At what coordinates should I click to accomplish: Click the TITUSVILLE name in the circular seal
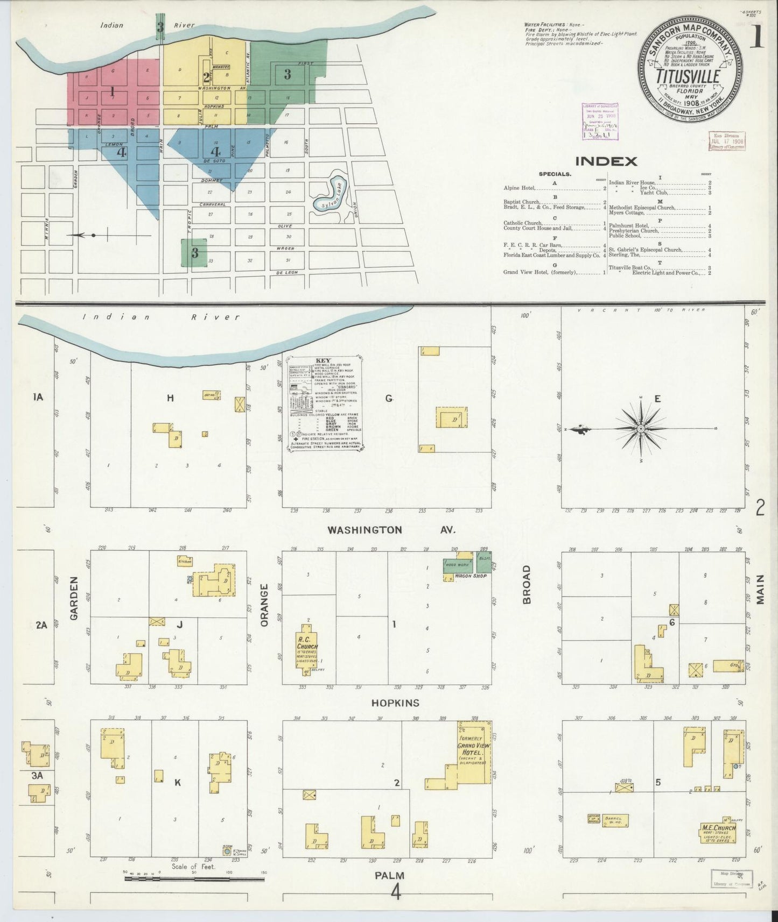pyautogui.click(x=688, y=77)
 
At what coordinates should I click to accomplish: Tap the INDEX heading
pyautogui.click(x=606, y=161)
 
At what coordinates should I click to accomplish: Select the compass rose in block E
pyautogui.click(x=641, y=429)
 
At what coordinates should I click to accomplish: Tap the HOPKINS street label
pyautogui.click(x=395, y=703)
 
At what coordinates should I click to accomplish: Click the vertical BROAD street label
pyautogui.click(x=527, y=584)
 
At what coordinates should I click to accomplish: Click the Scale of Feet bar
pyautogui.click(x=194, y=879)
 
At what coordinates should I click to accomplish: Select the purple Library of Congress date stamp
pyautogui.click(x=600, y=122)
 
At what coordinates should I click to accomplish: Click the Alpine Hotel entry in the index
pyautogui.click(x=519, y=188)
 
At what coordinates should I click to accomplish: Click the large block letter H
pyautogui.click(x=170, y=398)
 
